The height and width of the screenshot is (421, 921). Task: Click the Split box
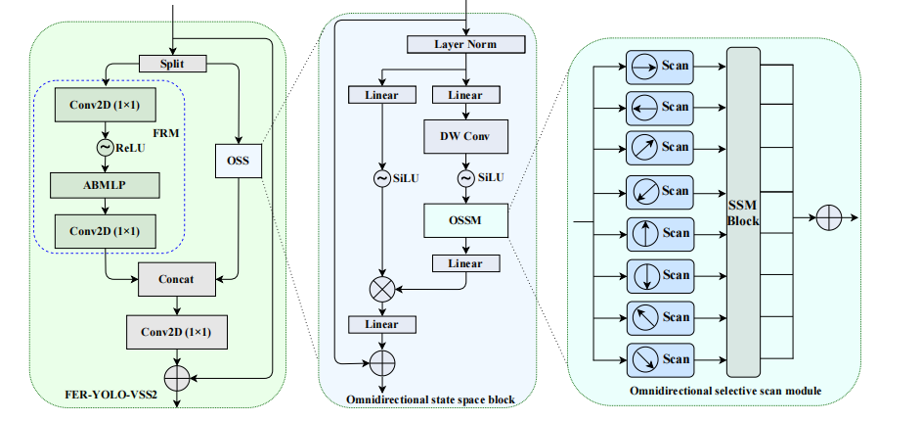[172, 64]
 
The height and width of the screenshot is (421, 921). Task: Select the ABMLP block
[105, 184]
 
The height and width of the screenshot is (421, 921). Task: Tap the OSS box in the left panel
[239, 160]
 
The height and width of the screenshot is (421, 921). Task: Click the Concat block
[176, 279]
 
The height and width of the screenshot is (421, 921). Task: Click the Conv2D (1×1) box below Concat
[176, 331]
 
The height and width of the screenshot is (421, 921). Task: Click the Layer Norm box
[465, 45]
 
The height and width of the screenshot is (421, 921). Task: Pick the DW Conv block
[465, 135]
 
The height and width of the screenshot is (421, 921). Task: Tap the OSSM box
[465, 220]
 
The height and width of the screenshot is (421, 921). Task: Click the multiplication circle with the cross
[381, 289]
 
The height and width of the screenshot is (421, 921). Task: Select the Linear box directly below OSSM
[465, 262]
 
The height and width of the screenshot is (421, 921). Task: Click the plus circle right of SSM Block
[828, 217]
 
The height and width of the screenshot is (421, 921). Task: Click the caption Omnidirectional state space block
[431, 399]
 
